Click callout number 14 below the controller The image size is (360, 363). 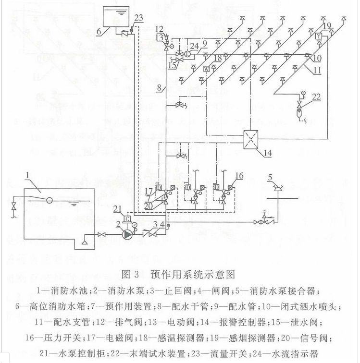267,154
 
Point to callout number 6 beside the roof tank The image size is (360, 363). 99,31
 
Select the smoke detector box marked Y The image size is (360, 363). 319,36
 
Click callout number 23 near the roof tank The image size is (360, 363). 138,18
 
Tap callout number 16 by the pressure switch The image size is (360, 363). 239,176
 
